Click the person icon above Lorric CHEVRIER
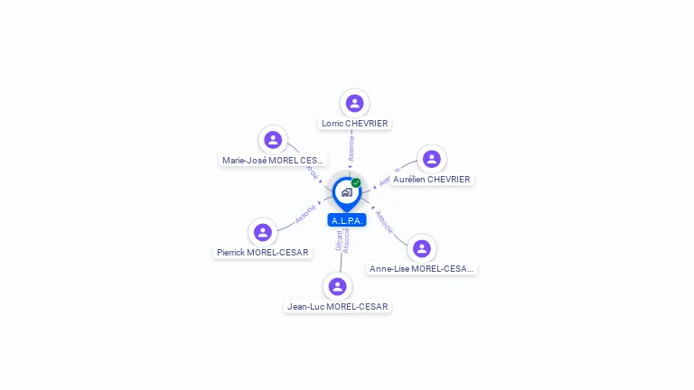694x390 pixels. coord(354,103)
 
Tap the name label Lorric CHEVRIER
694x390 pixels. coord(354,123)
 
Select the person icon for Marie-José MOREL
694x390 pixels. coord(273,140)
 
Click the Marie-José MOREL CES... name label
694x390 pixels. coord(274,160)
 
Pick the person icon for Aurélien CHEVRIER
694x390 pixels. coord(431,159)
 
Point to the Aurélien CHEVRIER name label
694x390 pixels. coord(431,179)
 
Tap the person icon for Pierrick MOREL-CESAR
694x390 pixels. coord(263,232)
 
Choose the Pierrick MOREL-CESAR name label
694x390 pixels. coord(263,252)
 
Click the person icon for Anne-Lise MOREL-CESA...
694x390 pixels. coord(421,248)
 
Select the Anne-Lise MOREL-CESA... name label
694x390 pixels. coord(422,268)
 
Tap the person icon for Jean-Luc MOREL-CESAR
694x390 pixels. coord(337,286)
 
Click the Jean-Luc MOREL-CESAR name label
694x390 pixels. coord(337,306)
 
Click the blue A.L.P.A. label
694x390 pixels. coord(346,220)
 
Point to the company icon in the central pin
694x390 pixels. coord(346,192)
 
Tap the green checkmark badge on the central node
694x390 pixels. coord(356,182)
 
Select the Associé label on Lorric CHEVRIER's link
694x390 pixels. coord(352,148)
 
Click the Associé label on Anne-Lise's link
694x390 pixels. coord(384,222)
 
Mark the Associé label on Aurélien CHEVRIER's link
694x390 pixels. coord(388,177)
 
